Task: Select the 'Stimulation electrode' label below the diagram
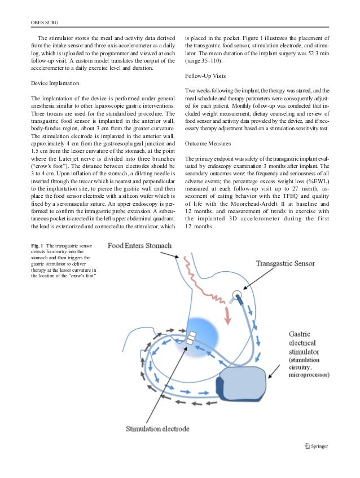pos(157,429)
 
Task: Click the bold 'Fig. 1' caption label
pos(37,246)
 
